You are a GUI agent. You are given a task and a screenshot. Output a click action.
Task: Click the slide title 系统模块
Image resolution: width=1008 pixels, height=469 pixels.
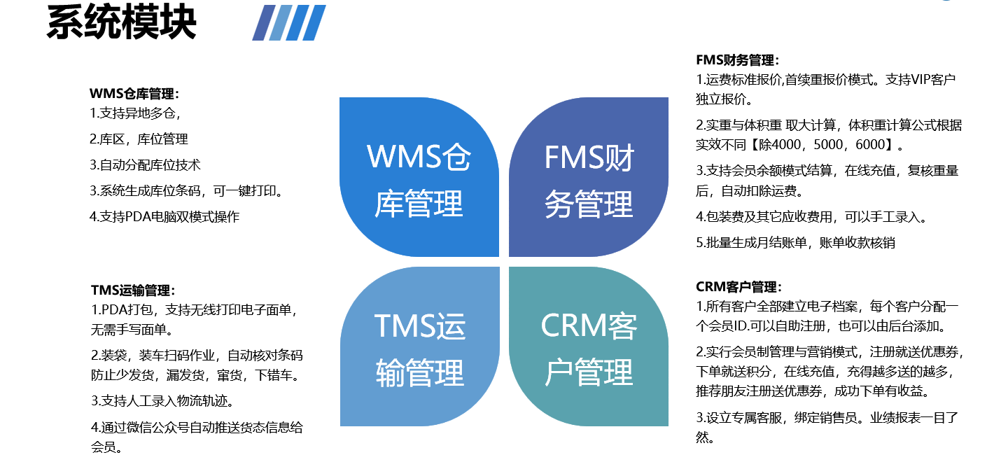[x=121, y=22]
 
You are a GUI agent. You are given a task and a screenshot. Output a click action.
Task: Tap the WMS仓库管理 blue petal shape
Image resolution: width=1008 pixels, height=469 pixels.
[x=419, y=178]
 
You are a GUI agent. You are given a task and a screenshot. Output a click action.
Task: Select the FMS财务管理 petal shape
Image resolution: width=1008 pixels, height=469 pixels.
[x=589, y=178]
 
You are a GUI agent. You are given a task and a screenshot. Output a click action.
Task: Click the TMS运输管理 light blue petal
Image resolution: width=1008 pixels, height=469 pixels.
[x=419, y=347]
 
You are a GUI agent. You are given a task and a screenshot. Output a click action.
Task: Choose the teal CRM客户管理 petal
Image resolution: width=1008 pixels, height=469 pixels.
[x=589, y=347]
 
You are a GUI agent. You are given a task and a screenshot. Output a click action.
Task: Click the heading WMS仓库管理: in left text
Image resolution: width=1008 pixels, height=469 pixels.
[x=134, y=94]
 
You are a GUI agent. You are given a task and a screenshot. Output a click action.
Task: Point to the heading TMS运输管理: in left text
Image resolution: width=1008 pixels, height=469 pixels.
[x=133, y=290]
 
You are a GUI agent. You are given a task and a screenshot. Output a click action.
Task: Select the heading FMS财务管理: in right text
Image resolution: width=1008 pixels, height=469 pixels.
[x=738, y=60]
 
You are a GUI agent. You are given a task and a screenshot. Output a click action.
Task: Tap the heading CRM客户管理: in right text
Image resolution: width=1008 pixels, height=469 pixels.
[x=738, y=287]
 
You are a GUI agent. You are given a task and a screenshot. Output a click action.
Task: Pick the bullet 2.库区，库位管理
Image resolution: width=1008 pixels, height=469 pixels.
[x=139, y=139]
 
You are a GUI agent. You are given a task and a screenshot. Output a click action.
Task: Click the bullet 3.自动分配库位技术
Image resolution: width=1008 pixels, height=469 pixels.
[x=145, y=165]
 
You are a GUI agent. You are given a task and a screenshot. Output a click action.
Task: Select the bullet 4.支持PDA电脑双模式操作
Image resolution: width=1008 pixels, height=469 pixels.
[x=164, y=217]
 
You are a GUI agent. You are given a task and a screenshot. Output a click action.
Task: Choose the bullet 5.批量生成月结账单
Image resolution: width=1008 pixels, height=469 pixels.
[x=795, y=243]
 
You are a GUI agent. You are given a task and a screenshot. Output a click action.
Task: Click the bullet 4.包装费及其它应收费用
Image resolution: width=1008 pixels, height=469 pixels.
[x=811, y=217]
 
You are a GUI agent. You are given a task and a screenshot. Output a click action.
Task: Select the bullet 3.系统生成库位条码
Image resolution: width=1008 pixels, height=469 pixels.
[x=190, y=191]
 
